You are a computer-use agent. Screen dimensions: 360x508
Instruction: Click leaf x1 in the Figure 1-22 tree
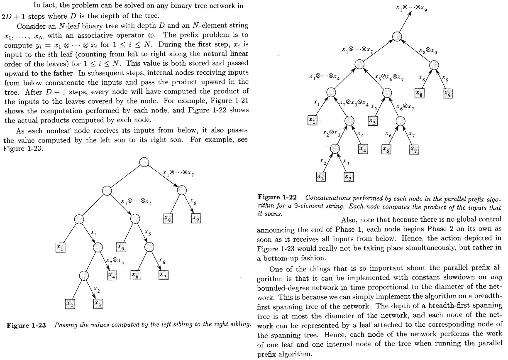tap(312, 120)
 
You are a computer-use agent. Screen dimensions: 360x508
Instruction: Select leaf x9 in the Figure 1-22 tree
tap(447, 93)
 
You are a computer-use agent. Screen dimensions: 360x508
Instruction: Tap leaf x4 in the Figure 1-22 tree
tap(364, 148)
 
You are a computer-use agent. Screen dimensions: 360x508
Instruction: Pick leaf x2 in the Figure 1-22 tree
tap(320, 176)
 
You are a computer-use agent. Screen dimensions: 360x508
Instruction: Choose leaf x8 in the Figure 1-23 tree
tap(168, 218)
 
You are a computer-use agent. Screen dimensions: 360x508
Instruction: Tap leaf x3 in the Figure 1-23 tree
tap(98, 304)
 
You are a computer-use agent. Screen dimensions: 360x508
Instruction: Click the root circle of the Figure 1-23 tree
tap(144, 162)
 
